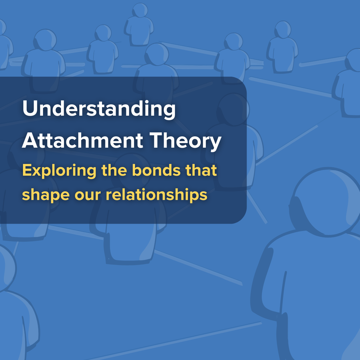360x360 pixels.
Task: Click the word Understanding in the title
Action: click(99, 109)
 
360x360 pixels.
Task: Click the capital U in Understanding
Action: click(29, 109)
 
